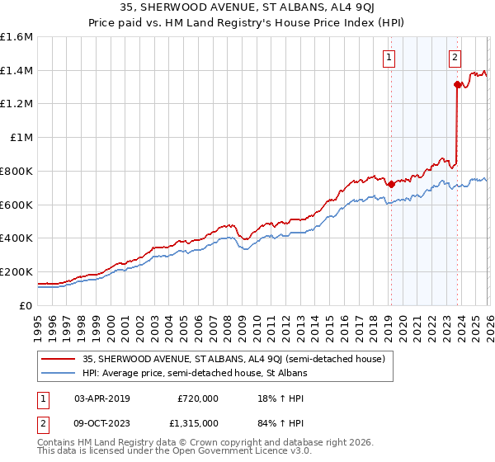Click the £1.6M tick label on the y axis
point(16,37)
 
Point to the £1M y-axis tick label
point(21,138)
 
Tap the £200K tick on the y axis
point(16,271)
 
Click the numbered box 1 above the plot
point(389,58)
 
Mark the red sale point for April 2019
point(391,184)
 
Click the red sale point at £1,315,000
point(457,84)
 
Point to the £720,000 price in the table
point(197,398)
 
